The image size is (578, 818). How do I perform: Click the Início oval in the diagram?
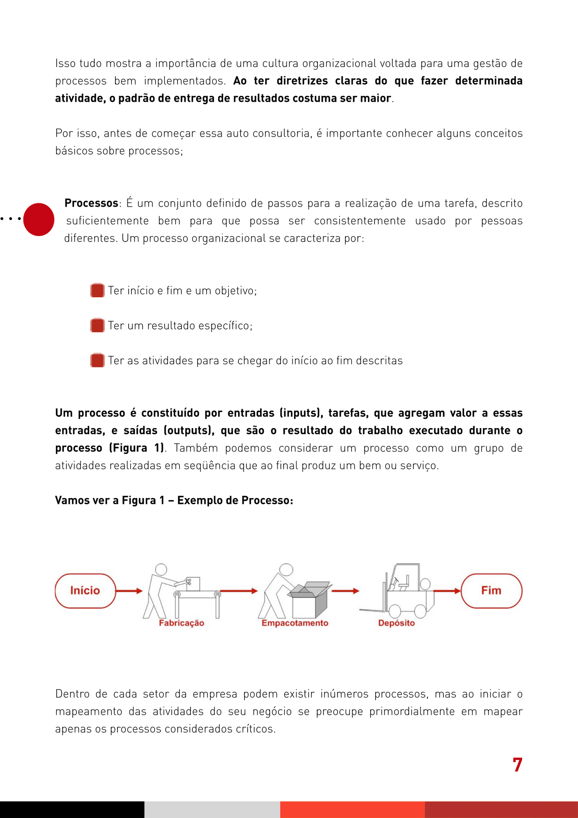click(x=85, y=591)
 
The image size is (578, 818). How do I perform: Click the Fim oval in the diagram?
click(x=491, y=591)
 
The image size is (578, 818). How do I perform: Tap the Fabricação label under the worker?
click(x=181, y=623)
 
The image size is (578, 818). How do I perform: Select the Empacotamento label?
click(x=295, y=623)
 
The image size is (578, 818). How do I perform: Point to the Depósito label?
click(x=396, y=623)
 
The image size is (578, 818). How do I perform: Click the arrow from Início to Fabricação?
click(x=129, y=591)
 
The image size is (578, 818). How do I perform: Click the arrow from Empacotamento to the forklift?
click(x=345, y=591)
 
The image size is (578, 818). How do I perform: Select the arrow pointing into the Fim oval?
click(x=447, y=591)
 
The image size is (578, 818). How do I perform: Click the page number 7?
click(x=517, y=765)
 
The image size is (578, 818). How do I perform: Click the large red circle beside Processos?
click(x=39, y=219)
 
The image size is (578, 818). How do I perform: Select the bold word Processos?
click(x=91, y=203)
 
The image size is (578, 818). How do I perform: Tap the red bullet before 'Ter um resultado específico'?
click(x=97, y=326)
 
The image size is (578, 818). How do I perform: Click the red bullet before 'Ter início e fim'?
click(x=97, y=290)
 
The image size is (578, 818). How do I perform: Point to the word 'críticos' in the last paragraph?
click(x=256, y=729)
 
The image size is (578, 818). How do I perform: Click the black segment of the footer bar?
click(x=72, y=809)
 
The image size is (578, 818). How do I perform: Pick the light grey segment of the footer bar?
click(x=212, y=809)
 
